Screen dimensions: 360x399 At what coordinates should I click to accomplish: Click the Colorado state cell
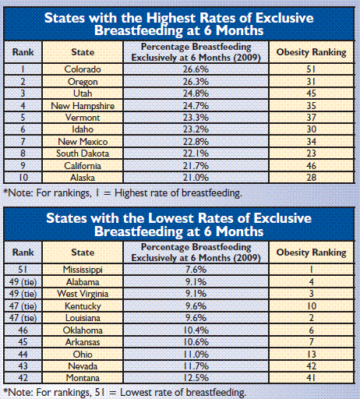tap(83, 69)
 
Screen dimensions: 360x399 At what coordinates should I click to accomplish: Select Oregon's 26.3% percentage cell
tap(196, 82)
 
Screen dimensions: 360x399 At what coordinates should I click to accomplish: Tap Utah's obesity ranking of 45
tap(312, 94)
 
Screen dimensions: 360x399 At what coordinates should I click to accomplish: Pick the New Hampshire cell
tap(83, 106)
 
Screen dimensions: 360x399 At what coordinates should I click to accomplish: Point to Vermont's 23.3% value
tap(196, 118)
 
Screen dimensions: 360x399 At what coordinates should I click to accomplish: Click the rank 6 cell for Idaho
tap(23, 129)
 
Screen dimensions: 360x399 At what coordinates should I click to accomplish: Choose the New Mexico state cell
tap(83, 142)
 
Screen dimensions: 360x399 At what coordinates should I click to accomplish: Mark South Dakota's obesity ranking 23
tap(312, 154)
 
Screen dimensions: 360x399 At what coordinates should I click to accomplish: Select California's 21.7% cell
tap(196, 166)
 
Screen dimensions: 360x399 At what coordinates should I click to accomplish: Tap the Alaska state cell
tap(83, 178)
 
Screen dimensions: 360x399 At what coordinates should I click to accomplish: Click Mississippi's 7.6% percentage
tap(196, 270)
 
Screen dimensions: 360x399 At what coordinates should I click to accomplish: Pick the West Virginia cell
tap(83, 294)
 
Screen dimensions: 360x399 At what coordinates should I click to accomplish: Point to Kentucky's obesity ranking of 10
tap(312, 306)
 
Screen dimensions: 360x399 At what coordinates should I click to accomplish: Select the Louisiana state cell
tap(83, 318)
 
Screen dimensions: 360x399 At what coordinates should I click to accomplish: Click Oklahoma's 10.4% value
tap(196, 330)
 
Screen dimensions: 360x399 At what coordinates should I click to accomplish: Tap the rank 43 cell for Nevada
tap(23, 366)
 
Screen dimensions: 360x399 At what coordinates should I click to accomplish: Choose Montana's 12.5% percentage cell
tap(196, 378)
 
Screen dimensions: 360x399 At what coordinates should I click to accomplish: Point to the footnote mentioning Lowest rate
tap(125, 392)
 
